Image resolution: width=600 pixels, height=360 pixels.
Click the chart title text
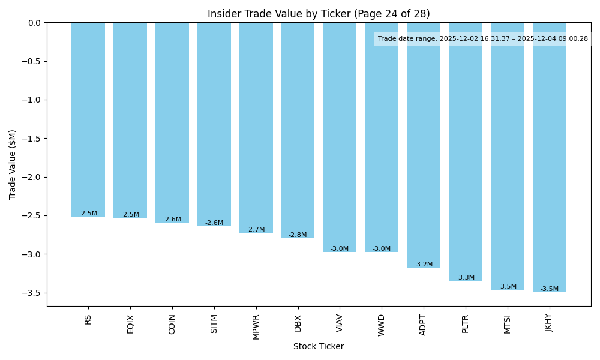[319, 14]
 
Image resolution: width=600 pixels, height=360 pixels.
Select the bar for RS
[88, 120]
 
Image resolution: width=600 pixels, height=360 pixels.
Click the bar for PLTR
[466, 150]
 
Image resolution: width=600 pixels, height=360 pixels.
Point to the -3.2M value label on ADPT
[424, 265]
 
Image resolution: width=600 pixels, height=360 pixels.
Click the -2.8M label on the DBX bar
[298, 235]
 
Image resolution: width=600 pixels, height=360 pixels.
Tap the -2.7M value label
[256, 230]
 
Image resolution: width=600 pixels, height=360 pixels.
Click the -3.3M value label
[466, 278]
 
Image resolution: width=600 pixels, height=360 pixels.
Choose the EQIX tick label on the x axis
[130, 324]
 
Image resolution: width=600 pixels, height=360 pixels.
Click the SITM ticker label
[214, 323]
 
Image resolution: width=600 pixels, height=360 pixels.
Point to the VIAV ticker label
[340, 323]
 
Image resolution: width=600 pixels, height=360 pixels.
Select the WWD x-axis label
[382, 325]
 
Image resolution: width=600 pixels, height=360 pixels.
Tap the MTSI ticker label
[508, 324]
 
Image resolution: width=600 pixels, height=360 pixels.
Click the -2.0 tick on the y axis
[32, 177]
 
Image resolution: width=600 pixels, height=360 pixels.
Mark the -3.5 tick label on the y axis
[32, 293]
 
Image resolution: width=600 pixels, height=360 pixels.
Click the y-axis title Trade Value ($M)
[13, 164]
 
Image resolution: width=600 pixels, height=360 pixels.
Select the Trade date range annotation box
[483, 39]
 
